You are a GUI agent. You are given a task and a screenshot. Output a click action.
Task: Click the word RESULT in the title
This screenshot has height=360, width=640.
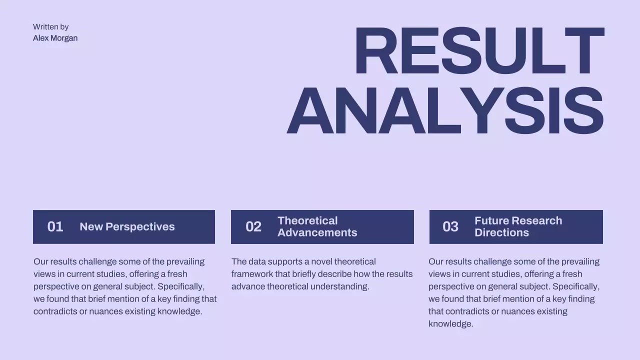point(479,51)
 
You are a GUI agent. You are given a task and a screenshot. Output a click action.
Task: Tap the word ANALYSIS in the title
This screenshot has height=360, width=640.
point(445,111)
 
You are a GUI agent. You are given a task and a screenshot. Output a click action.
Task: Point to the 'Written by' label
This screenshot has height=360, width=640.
point(50,27)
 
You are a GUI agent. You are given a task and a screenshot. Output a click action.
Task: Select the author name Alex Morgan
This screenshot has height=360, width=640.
point(55,38)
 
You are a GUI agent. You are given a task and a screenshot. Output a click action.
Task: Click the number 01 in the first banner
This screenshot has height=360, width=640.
point(55,227)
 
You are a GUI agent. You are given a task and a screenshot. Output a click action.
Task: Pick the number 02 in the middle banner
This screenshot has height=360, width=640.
point(253,227)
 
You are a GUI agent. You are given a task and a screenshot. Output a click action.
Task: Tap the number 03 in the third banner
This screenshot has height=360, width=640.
point(450,227)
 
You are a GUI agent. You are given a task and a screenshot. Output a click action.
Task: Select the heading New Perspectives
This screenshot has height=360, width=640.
point(127,227)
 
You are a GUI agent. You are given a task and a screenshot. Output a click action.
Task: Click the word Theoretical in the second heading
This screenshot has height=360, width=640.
point(307,221)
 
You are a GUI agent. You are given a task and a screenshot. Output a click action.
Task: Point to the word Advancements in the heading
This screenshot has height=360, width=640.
point(317,233)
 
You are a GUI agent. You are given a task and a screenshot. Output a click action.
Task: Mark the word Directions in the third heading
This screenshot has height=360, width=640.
point(501,233)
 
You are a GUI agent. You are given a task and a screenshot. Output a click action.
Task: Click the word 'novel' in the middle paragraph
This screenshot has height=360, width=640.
point(321,261)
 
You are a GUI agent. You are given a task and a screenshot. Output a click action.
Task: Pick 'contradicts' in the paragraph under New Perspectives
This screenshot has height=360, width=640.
point(55,311)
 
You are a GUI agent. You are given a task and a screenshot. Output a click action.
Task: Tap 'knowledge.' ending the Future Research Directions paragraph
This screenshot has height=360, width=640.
point(450,324)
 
